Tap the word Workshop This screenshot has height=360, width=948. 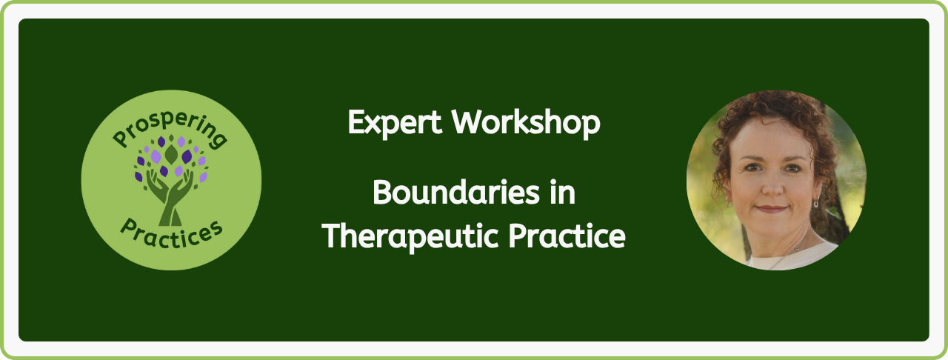click(526, 123)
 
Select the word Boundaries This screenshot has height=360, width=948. click(456, 193)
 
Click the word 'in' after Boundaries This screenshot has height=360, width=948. click(563, 193)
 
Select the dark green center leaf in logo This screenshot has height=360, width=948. click(171, 154)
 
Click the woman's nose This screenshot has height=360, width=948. click(772, 185)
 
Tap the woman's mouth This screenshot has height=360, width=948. click(772, 209)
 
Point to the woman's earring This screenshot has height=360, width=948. click(815, 203)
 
